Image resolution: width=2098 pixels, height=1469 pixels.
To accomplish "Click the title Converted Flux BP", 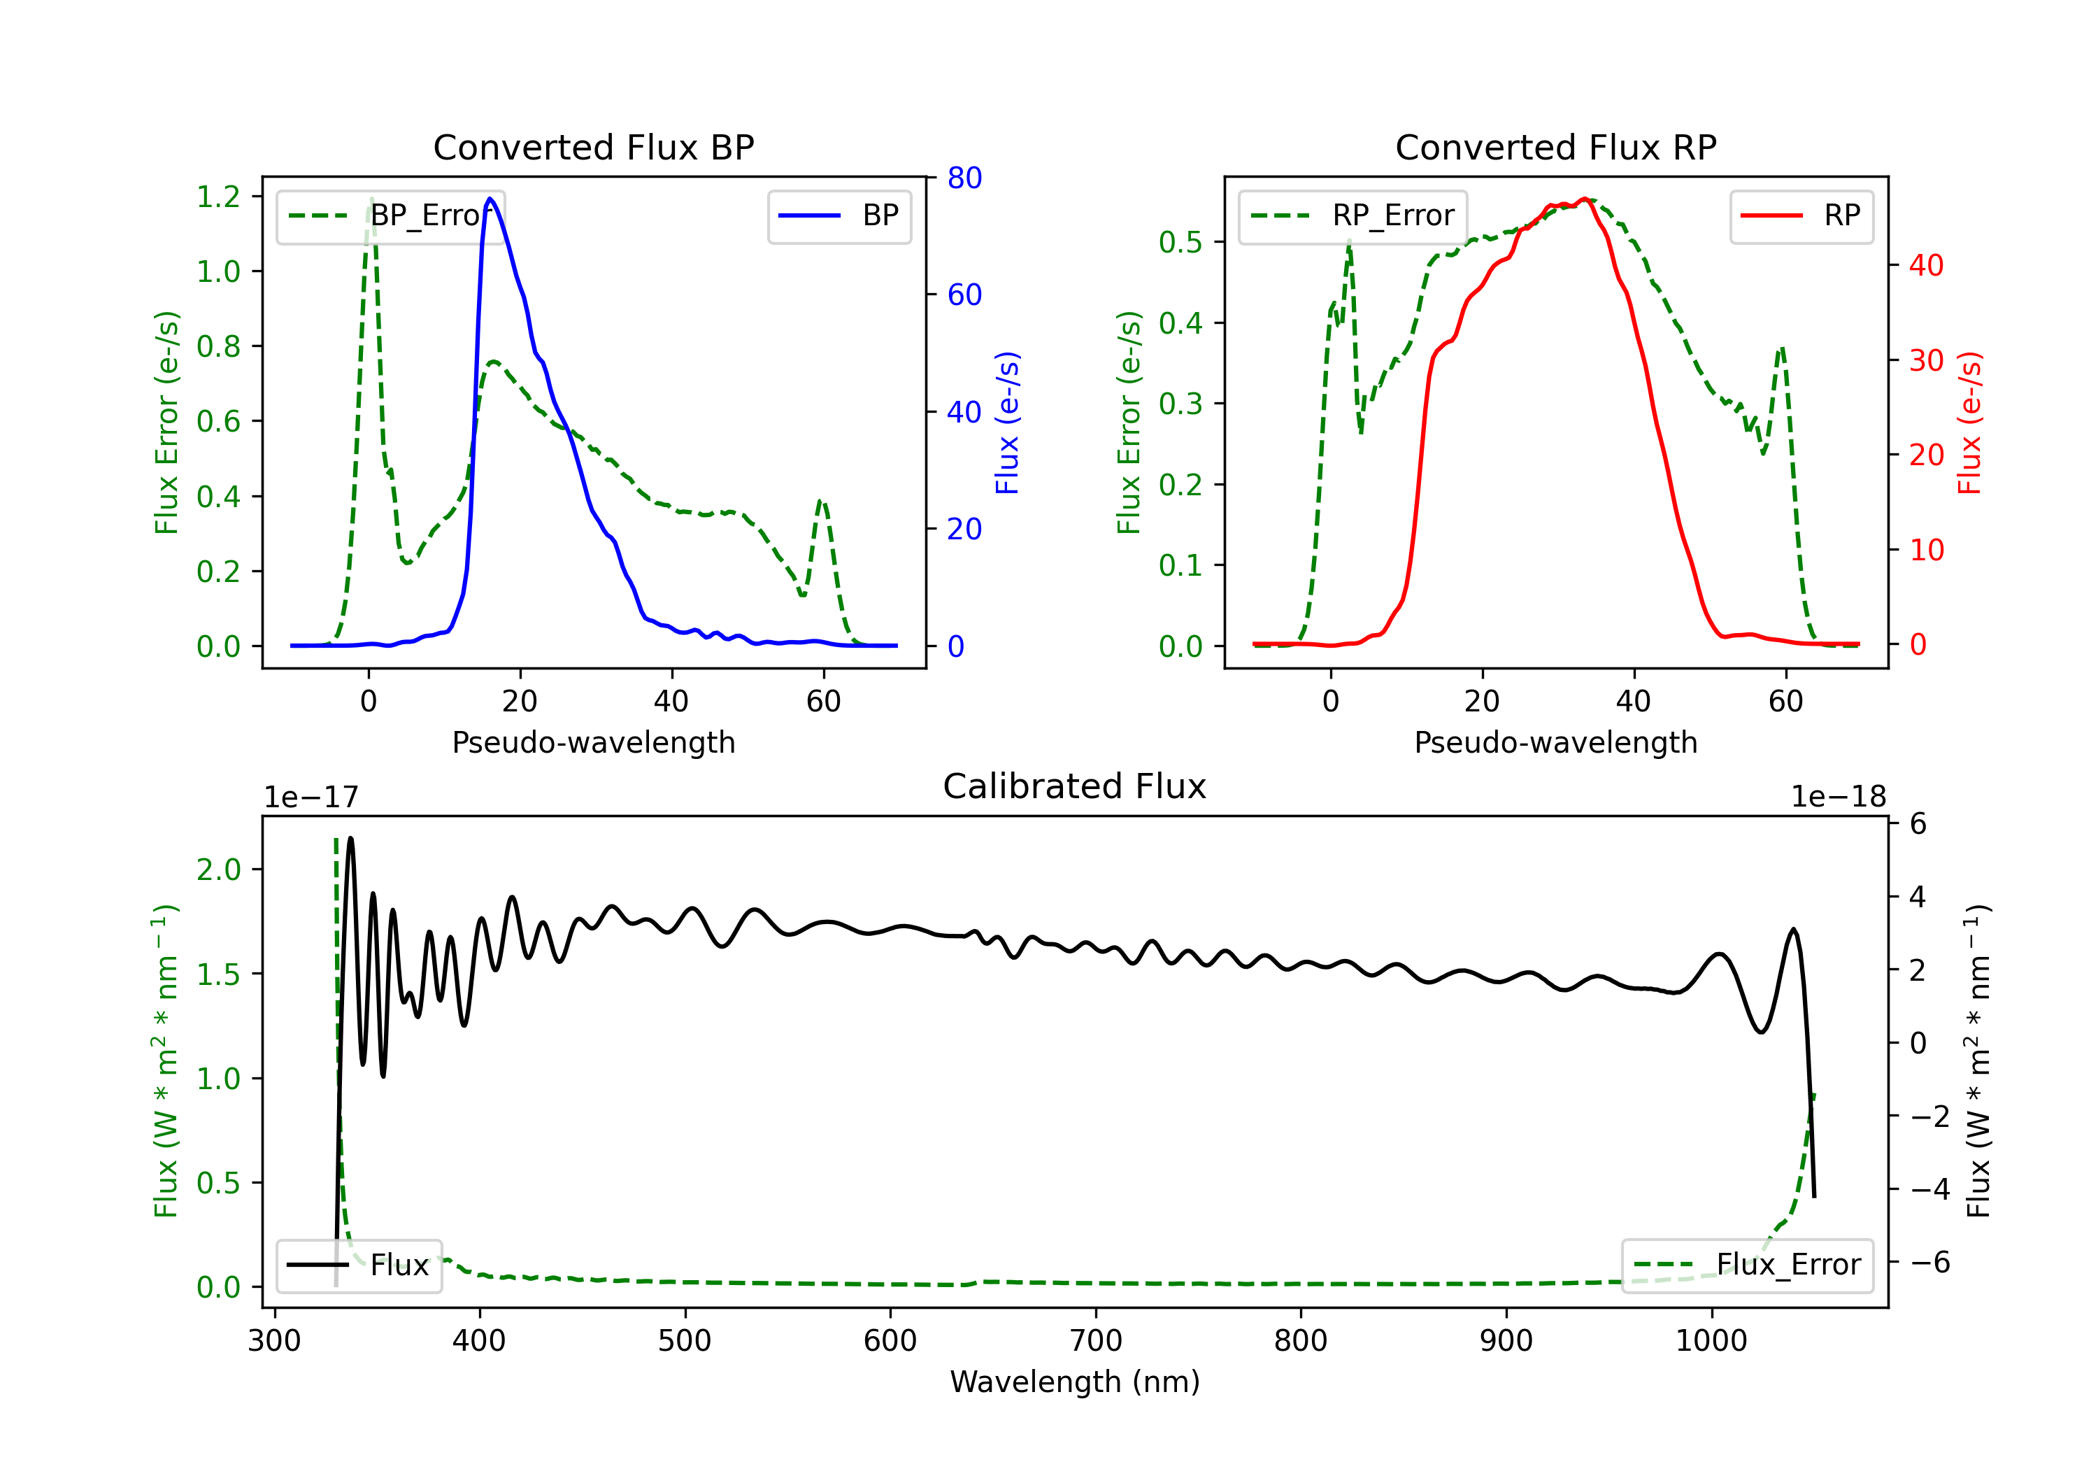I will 593,147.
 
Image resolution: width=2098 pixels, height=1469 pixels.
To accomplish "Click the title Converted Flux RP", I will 1555,147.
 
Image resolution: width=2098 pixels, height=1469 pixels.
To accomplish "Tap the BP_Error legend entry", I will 391,215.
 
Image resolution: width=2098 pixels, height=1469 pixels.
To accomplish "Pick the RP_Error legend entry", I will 1353,215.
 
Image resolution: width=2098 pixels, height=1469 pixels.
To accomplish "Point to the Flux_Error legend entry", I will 1747,1265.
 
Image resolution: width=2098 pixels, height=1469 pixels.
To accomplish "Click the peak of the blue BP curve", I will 490,199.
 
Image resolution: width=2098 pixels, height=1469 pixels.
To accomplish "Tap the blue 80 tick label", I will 964,178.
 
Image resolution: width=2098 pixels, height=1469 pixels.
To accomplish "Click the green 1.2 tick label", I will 218,197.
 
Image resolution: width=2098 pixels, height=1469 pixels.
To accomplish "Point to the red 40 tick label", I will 1926,265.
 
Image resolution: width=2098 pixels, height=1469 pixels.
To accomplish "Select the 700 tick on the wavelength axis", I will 1096,1341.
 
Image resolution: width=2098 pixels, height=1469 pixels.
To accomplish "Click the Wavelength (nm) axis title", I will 1075,1382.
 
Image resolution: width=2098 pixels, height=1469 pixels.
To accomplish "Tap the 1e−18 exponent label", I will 1839,797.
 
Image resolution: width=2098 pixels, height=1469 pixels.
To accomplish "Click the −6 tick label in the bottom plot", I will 1929,1263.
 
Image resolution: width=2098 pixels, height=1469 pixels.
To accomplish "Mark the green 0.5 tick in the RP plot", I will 1180,242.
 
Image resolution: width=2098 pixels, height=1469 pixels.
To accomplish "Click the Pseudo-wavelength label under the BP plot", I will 593,742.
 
